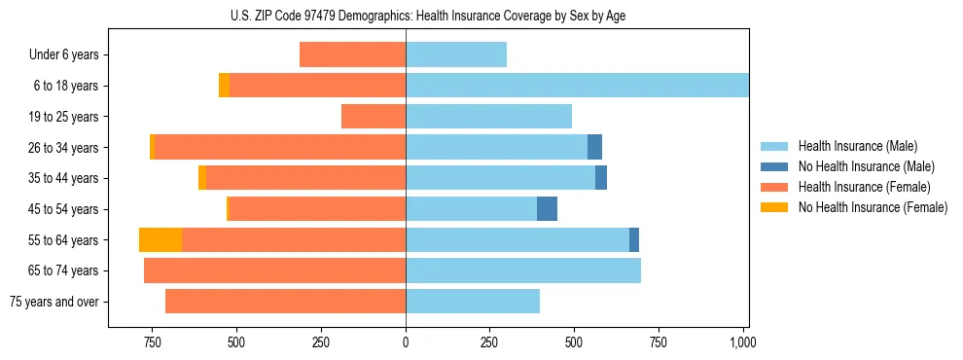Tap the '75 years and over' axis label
(54, 302)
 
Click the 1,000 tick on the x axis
(742, 343)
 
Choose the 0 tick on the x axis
(406, 343)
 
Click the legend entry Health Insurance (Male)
(857, 146)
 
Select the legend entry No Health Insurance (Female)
(873, 207)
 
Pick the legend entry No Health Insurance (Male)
(866, 166)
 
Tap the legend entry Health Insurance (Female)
(864, 187)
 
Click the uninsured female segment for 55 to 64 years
(160, 240)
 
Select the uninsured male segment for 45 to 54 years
(547, 209)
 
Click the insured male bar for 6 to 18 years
(577, 86)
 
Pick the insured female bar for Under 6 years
(352, 55)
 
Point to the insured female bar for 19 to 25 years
(374, 117)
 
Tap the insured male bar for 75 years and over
(473, 302)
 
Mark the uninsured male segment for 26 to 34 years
(594, 148)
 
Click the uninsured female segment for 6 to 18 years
(224, 86)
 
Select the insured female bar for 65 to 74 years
(274, 270)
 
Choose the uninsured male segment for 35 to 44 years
(601, 178)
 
